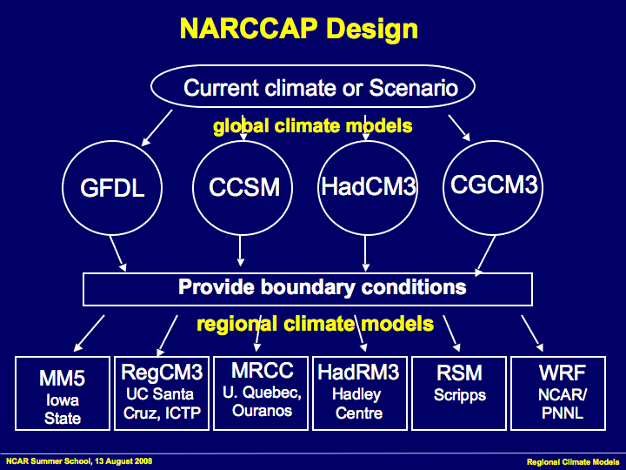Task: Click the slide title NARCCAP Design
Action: click(298, 29)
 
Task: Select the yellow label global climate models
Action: click(312, 126)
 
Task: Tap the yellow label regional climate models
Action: click(315, 325)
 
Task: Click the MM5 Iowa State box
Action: click(63, 393)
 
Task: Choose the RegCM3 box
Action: click(162, 393)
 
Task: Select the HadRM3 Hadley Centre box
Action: click(358, 393)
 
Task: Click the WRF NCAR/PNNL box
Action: click(562, 393)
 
